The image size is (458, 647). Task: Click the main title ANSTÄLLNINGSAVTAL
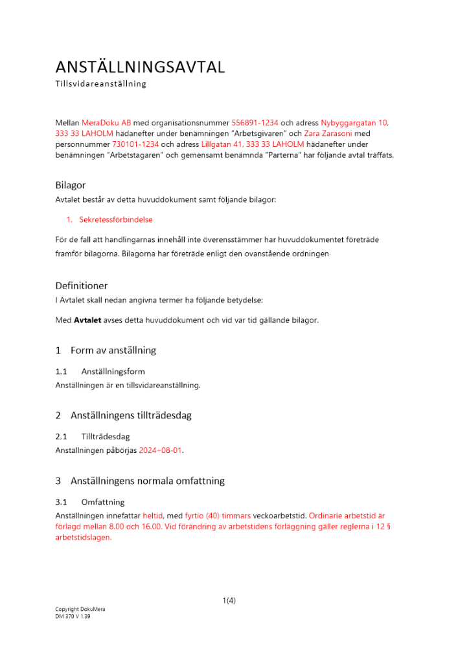(x=140, y=67)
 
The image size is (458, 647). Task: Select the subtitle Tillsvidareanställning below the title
(x=100, y=84)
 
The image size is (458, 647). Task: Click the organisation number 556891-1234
(x=255, y=122)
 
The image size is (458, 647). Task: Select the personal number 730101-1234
(x=135, y=144)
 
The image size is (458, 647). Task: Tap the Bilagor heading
(x=70, y=185)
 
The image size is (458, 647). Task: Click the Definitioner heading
(x=81, y=285)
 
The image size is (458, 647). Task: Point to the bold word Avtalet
(x=87, y=320)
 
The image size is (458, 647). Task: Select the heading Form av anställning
(x=113, y=350)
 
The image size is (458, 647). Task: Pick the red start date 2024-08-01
(x=161, y=450)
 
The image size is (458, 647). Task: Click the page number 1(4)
(x=229, y=600)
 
